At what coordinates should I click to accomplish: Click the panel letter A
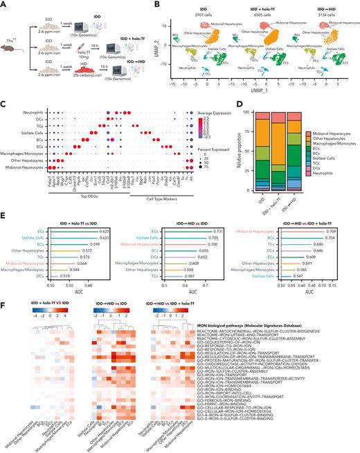tap(5, 5)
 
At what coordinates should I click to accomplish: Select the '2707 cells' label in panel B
tap(186, 15)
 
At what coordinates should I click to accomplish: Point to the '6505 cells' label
tap(251, 15)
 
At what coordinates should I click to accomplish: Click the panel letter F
tap(5, 301)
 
